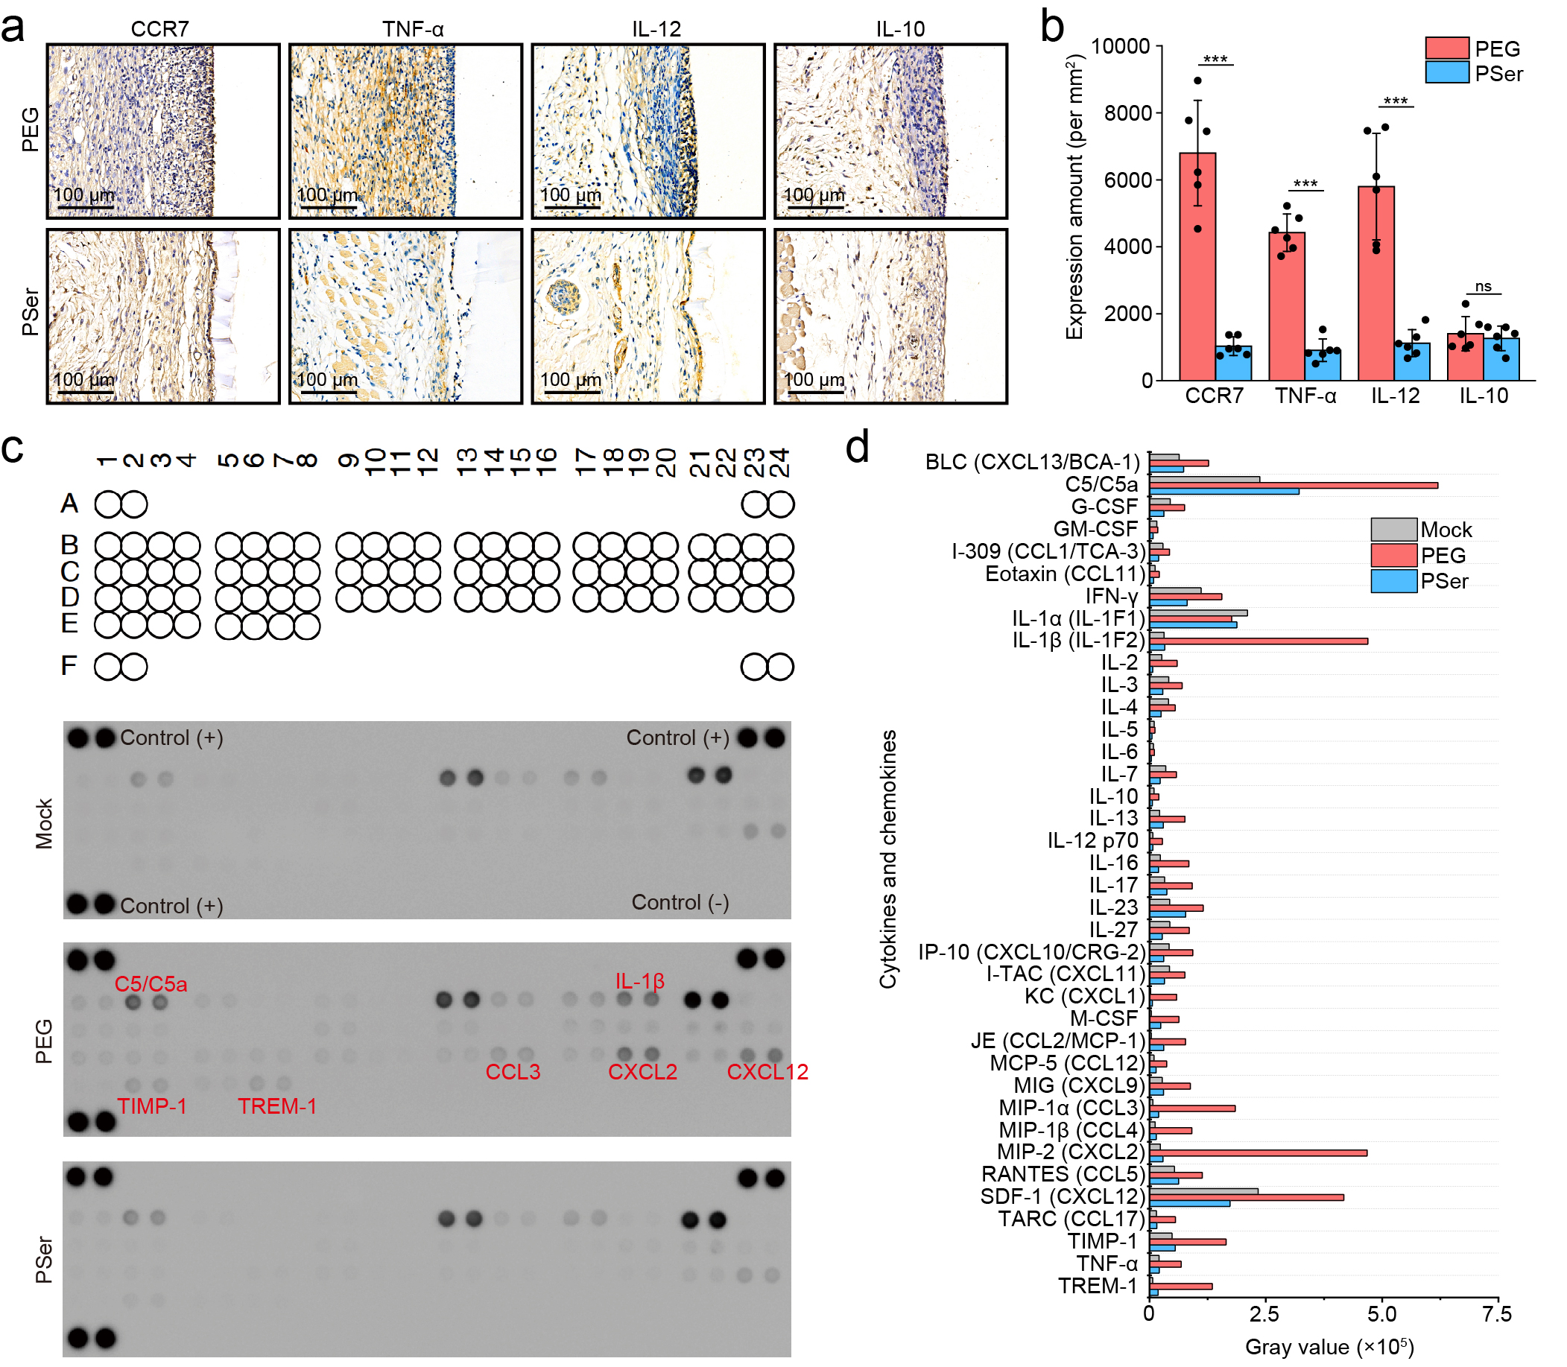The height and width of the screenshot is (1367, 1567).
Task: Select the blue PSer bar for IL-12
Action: (x=1412, y=361)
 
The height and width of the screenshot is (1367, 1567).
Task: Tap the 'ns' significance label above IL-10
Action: (x=1483, y=287)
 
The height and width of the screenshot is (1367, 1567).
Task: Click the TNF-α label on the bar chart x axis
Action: (x=1305, y=396)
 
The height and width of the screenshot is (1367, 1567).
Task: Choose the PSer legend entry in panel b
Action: (x=1498, y=74)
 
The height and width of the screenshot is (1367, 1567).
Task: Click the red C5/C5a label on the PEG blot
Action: (x=151, y=984)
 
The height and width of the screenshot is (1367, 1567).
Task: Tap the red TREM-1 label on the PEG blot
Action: (x=277, y=1106)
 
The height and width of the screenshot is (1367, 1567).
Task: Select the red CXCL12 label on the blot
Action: (x=767, y=1072)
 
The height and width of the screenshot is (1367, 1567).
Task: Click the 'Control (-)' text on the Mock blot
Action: (x=680, y=902)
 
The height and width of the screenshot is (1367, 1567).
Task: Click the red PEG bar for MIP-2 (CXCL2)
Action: (x=1258, y=1152)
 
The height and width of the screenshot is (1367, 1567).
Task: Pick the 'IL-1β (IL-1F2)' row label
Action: (x=1079, y=640)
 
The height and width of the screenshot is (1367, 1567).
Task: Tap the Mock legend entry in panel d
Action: (x=1446, y=530)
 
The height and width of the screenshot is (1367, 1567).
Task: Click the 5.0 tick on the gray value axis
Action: (x=1381, y=1313)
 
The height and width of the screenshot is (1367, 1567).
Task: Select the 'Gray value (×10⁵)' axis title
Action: (x=1329, y=1346)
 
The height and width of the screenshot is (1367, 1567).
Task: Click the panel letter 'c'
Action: (x=13, y=448)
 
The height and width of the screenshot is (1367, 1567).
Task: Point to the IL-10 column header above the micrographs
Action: (x=900, y=29)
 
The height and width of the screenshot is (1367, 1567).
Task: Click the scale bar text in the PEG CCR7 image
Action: (x=84, y=194)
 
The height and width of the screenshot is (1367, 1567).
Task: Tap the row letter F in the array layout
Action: (x=69, y=666)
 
